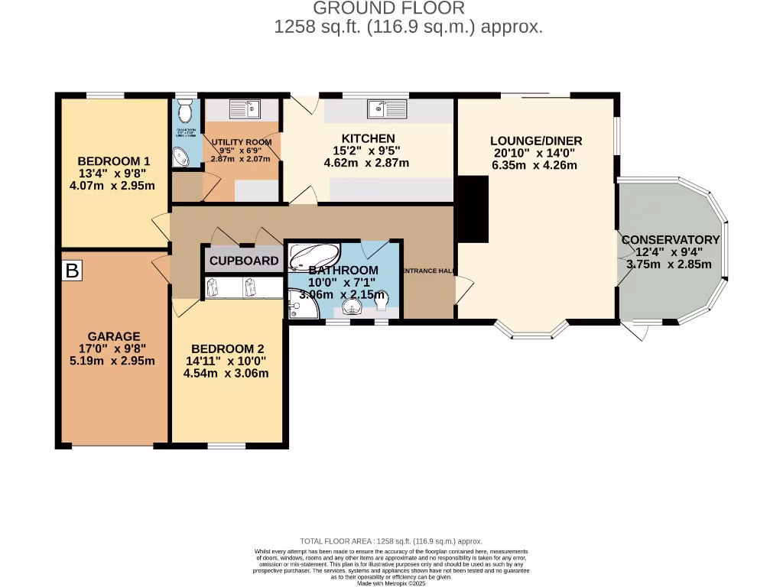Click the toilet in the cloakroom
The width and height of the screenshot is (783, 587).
coord(184,114)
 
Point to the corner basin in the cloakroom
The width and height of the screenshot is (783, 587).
coord(182,157)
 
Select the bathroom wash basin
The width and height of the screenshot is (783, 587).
coord(352,307)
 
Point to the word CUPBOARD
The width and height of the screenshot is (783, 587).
coord(244,261)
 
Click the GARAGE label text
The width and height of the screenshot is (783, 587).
coord(113,336)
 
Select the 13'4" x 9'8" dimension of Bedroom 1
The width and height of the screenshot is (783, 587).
coord(113,174)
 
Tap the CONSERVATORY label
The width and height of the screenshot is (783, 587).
coord(670,240)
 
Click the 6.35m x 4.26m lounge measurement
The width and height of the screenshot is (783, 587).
coord(535,164)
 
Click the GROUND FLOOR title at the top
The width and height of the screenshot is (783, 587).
coord(389,8)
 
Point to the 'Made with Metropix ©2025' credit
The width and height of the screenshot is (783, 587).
coord(391,583)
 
